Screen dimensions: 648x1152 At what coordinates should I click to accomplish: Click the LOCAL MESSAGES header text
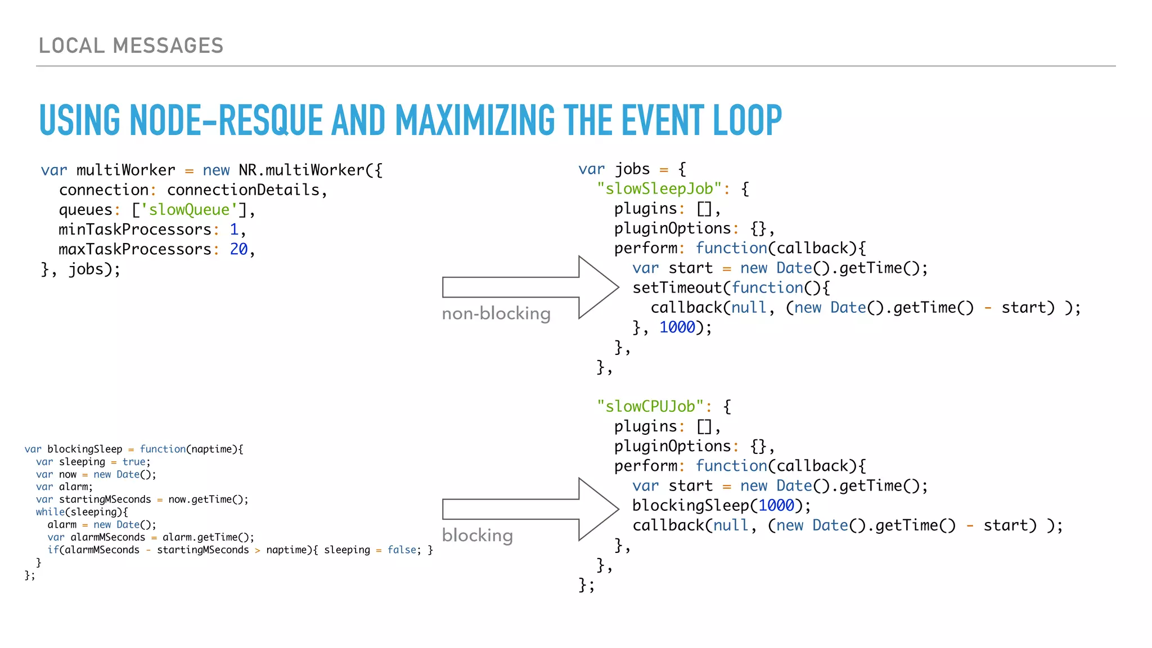(x=131, y=46)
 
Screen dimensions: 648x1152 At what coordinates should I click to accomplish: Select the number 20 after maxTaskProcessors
(x=238, y=249)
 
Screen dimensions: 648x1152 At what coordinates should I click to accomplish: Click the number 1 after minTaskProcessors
(x=234, y=229)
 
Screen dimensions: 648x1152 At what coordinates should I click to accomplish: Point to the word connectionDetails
(x=243, y=190)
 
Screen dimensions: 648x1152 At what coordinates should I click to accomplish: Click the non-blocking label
(x=496, y=313)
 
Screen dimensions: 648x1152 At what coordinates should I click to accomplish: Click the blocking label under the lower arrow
(x=477, y=535)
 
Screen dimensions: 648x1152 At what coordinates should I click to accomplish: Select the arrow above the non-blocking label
(x=529, y=287)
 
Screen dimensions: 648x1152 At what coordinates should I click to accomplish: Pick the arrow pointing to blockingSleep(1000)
(x=529, y=509)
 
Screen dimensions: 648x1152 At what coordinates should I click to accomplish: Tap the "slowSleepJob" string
(x=659, y=189)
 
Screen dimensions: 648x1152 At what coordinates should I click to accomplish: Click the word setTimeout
(x=677, y=288)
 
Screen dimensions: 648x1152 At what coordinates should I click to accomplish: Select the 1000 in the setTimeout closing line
(x=677, y=327)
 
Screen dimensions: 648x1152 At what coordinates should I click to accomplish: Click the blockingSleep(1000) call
(x=721, y=506)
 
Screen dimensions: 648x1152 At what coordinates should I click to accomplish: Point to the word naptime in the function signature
(x=211, y=449)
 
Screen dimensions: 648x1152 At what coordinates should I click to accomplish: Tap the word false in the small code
(x=402, y=550)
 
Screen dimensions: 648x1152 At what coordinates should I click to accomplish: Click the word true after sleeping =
(x=134, y=462)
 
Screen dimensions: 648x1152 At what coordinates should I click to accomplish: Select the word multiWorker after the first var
(x=125, y=170)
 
